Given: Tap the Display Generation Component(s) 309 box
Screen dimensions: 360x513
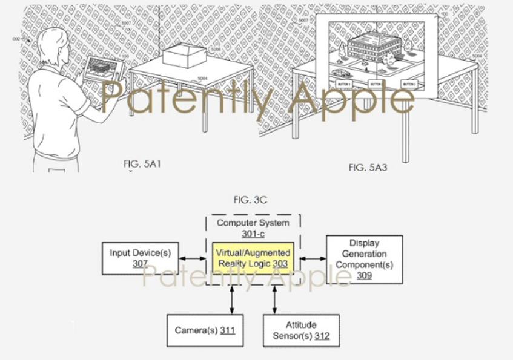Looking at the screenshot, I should pos(364,259).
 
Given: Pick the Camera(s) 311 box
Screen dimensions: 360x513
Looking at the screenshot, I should pos(204,330).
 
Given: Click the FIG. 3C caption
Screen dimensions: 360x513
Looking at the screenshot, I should pos(251,200).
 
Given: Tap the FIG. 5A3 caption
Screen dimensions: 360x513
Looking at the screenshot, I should pos(368,168).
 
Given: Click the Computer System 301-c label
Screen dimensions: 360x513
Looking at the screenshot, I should pos(253,228).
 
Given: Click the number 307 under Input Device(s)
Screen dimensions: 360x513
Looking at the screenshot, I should pos(140,264).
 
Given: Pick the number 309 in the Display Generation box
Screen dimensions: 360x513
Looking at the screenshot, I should pos(364,275).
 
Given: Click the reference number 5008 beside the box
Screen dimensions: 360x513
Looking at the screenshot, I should pos(216,50).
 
